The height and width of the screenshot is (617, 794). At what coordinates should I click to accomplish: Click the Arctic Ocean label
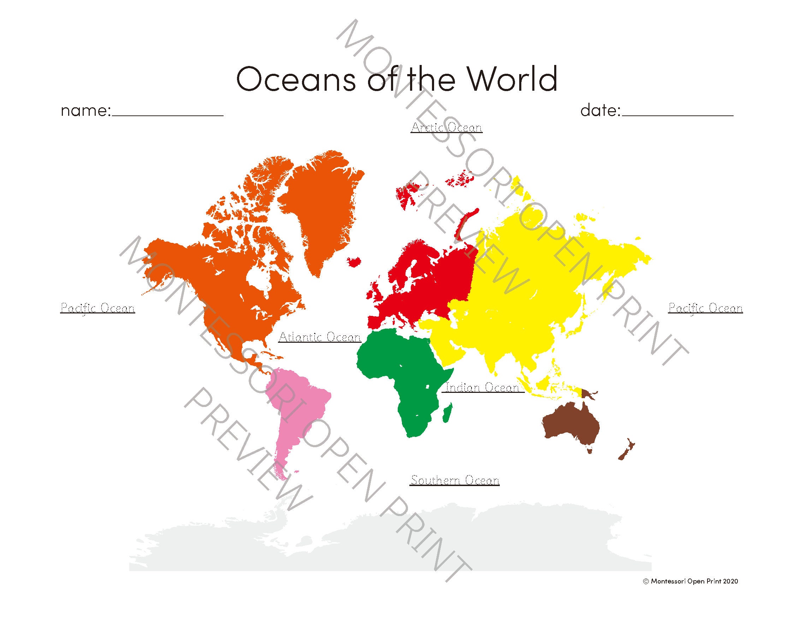click(x=446, y=127)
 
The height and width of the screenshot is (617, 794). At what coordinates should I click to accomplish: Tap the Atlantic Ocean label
click(x=320, y=337)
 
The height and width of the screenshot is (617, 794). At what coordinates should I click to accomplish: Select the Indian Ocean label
click(x=482, y=388)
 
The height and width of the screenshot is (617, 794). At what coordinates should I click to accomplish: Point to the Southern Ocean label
click(x=455, y=480)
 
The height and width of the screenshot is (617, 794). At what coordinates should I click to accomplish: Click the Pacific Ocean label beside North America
click(x=97, y=308)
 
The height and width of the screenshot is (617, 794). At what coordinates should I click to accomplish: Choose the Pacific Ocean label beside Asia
click(x=705, y=308)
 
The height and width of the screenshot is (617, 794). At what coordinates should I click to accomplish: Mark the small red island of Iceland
click(x=354, y=261)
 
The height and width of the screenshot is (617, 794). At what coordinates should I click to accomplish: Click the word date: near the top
click(x=600, y=110)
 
